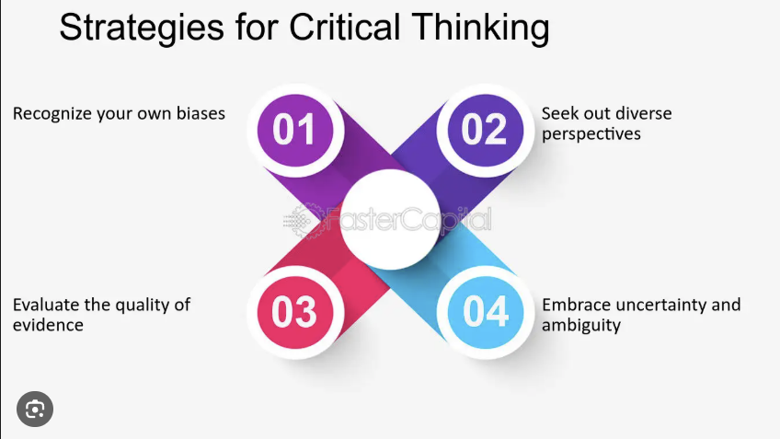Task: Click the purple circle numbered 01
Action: point(295,131)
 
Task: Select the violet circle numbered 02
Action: point(486,131)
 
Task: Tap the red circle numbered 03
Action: point(295,312)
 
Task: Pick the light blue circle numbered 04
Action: point(486,312)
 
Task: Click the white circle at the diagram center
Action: point(391,219)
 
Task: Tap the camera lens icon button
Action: point(35,410)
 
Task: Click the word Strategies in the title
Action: point(142,28)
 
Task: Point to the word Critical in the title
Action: point(344,27)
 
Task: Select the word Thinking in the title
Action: point(480,29)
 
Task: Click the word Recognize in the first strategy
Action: point(52,114)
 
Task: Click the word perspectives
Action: point(591,134)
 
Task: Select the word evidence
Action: point(48,325)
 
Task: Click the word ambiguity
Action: point(581,326)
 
